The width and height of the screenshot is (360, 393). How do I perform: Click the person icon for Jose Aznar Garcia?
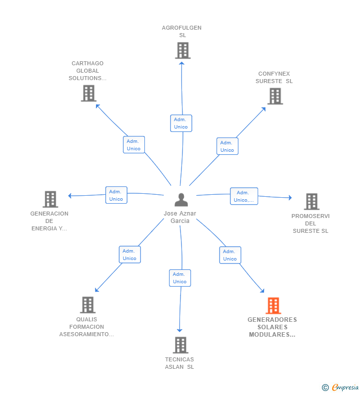[x=181, y=200]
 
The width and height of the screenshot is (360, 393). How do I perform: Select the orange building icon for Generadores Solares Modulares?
[x=273, y=306]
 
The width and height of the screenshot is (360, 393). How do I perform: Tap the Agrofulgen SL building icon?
[x=182, y=50]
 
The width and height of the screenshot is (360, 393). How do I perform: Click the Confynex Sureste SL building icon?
[x=275, y=96]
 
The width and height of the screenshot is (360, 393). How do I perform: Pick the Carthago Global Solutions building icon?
[x=89, y=93]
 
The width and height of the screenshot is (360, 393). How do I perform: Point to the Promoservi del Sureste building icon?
[x=311, y=201]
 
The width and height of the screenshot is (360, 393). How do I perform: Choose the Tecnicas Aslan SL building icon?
[x=180, y=345]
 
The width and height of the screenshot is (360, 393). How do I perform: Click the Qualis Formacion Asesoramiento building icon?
[x=88, y=305]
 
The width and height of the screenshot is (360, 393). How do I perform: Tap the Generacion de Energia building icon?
[x=50, y=199]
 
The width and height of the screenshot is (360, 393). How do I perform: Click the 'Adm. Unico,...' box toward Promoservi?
[x=244, y=196]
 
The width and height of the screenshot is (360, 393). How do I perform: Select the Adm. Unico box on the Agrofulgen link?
[x=180, y=123]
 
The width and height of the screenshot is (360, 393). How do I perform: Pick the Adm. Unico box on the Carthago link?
[x=134, y=145]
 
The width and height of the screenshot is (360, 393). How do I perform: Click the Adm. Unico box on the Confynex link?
[x=227, y=146]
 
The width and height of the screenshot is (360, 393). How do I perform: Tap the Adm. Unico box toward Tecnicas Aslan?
[x=180, y=278]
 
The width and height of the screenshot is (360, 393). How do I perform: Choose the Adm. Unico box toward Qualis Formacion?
[x=130, y=255]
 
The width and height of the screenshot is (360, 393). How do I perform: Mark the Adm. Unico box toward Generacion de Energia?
[x=116, y=195]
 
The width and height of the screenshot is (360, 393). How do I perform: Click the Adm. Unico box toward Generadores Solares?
[x=230, y=255]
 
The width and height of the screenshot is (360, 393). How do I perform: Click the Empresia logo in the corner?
[x=345, y=387]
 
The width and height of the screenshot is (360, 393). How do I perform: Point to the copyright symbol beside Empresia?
[x=325, y=388]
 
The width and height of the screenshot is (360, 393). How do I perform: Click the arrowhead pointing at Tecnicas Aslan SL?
[x=180, y=330]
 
